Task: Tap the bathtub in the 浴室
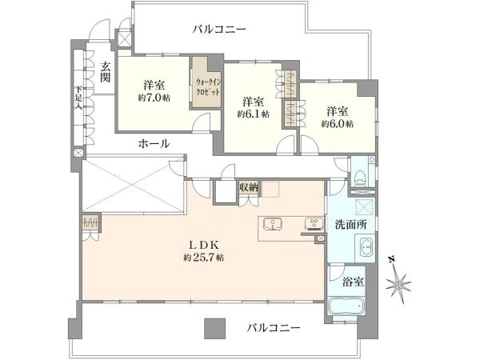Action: click(347, 307)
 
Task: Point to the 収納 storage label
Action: click(249, 187)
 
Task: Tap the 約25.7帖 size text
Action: click(203, 258)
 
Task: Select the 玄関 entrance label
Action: click(104, 73)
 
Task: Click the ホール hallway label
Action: click(154, 143)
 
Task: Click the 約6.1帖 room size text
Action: click(253, 114)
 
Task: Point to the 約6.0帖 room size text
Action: click(337, 124)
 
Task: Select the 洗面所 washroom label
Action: click(351, 226)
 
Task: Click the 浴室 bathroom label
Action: click(353, 282)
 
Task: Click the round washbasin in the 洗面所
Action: click(365, 249)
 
